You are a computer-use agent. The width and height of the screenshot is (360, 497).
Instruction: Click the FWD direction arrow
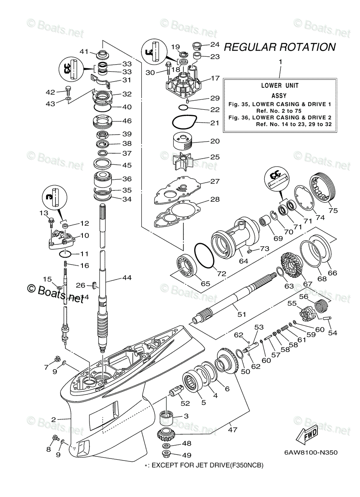pyautogui.click(x=308, y=434)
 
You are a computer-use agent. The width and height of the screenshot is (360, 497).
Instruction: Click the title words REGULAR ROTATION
pyautogui.click(x=280, y=47)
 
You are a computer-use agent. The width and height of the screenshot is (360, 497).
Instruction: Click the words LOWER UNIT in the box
pyautogui.click(x=280, y=86)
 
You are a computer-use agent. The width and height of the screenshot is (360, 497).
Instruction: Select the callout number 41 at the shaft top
pyautogui.click(x=85, y=51)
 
